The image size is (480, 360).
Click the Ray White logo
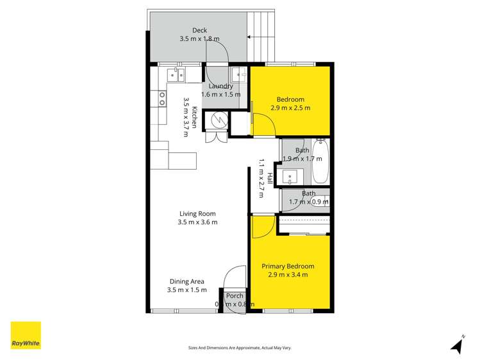(26, 336)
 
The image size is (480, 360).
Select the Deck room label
(199, 30)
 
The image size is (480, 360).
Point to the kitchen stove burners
(162, 98)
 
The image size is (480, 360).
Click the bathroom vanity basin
(295, 176)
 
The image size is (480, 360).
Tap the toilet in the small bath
(324, 201)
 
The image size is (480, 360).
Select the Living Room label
(197, 214)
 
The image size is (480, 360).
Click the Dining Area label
(187, 281)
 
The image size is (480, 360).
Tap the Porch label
(235, 296)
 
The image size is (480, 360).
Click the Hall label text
(270, 179)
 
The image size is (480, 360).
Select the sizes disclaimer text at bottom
(240, 347)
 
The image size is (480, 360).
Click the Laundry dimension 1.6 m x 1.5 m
(221, 94)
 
